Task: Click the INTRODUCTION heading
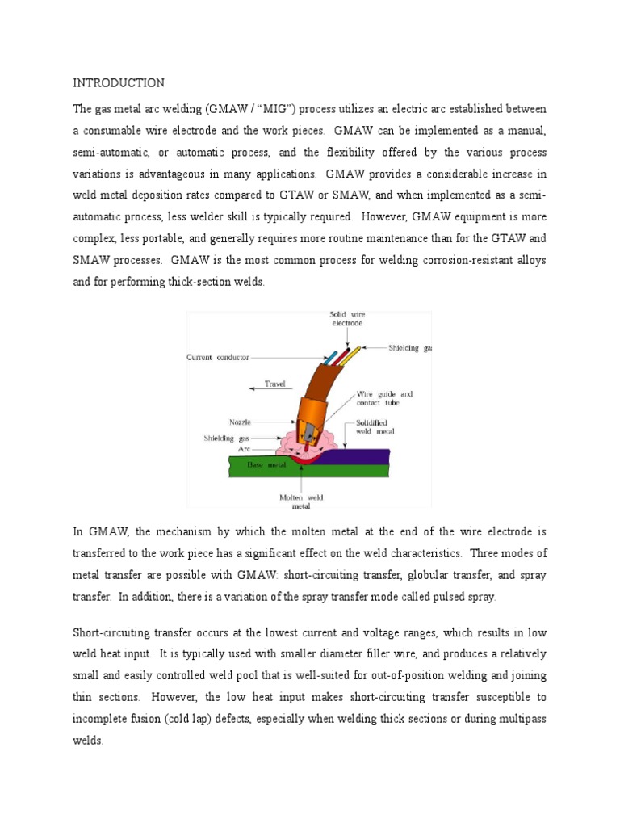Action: coord(119,83)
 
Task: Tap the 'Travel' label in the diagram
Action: coord(275,384)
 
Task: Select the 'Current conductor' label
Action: coord(218,357)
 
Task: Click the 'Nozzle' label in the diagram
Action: coord(240,422)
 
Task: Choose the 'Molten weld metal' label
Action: coord(300,502)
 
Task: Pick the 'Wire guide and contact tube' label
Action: coord(385,399)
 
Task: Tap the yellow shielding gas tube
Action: coord(353,354)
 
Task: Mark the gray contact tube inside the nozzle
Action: coord(310,429)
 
